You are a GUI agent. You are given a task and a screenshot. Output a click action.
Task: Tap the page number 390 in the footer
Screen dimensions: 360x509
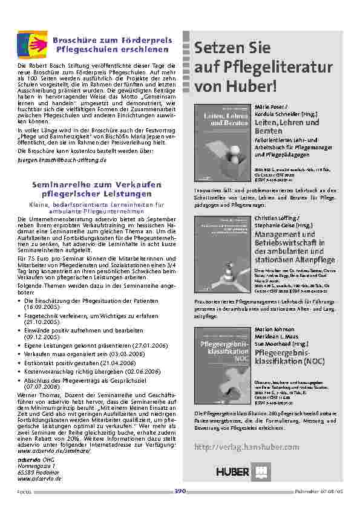180,491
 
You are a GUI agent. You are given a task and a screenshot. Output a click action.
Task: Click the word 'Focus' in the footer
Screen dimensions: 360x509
23,491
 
